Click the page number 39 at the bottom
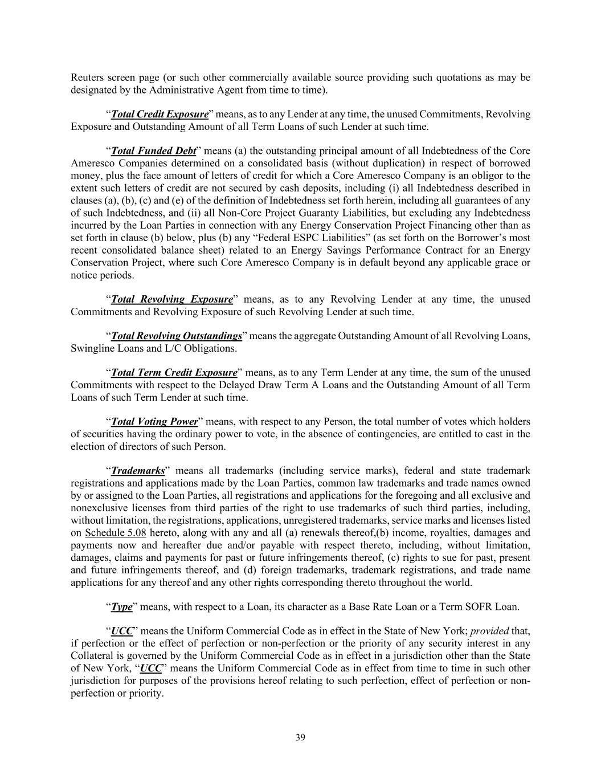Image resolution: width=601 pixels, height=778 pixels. tap(300, 738)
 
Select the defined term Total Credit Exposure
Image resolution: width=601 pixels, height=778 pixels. tap(160, 114)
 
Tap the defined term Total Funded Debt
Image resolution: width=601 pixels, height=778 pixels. tap(153, 151)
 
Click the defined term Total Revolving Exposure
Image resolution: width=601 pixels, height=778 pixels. tap(172, 299)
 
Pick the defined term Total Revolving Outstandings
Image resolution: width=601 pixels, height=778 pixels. tap(176, 336)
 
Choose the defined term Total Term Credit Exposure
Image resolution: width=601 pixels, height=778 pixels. tap(174, 373)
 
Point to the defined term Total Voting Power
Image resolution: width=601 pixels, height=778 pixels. tap(154, 422)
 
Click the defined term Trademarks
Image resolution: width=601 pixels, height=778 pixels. tap(137, 471)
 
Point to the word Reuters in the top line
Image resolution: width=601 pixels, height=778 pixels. tap(88, 78)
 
